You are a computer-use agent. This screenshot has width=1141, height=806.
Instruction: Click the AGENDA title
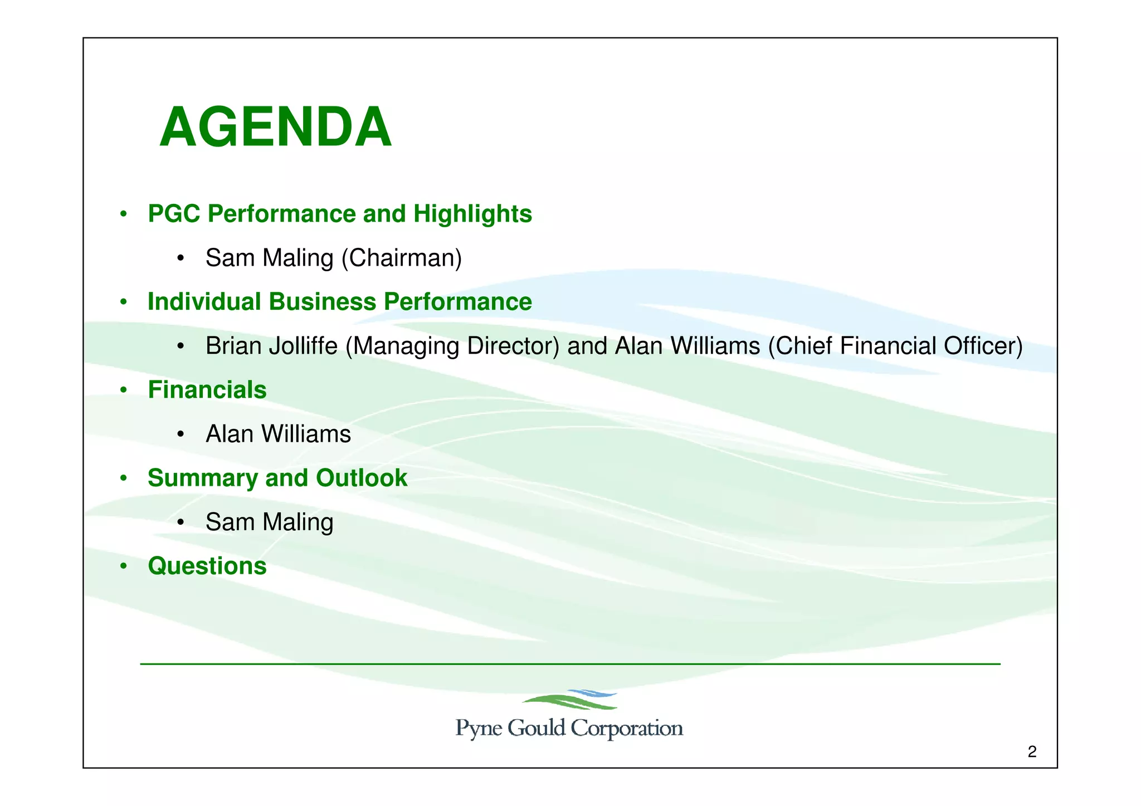click(275, 128)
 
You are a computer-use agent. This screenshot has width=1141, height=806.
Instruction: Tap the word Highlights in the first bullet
click(472, 214)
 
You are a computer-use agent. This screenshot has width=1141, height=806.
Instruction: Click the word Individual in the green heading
click(204, 302)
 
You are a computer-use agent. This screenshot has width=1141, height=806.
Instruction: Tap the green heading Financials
click(207, 390)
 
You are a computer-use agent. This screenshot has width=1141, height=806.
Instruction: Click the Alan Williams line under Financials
click(278, 434)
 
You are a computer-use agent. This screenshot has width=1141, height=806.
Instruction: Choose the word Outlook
click(362, 478)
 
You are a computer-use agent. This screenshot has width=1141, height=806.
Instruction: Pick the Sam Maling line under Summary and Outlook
click(269, 522)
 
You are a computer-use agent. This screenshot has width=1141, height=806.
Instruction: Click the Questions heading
click(207, 566)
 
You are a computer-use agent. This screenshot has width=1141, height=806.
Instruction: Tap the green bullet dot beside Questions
click(124, 567)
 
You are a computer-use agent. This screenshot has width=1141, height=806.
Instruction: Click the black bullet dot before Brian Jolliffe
click(180, 347)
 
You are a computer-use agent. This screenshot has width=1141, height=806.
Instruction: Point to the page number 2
click(1032, 753)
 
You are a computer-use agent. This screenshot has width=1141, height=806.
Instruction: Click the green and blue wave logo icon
click(570, 700)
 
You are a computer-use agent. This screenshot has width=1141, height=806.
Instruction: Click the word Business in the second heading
click(323, 302)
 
